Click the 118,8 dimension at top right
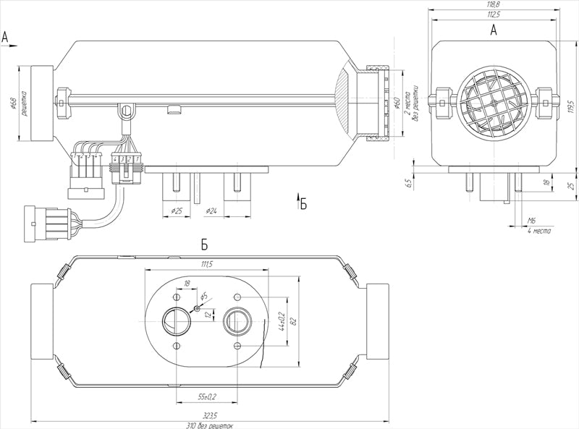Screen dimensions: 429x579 click(x=494, y=4)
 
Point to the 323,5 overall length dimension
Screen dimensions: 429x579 click(x=210, y=417)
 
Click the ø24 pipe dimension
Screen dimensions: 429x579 click(x=211, y=211)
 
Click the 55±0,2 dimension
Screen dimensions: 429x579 click(x=208, y=396)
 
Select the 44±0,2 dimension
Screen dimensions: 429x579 click(x=282, y=320)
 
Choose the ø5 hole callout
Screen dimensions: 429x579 click(x=204, y=297)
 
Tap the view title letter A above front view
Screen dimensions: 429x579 click(x=494, y=30)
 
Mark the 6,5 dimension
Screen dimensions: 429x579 click(x=410, y=182)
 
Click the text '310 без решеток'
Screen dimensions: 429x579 click(x=210, y=425)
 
